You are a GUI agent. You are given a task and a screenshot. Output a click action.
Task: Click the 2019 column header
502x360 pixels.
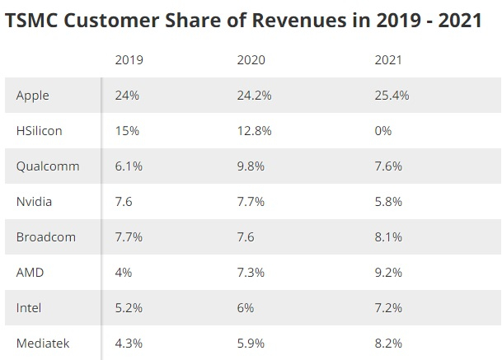tap(129, 59)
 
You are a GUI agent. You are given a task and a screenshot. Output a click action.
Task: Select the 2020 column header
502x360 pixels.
tap(251, 59)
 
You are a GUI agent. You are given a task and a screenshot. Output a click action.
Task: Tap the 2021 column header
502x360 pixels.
tap(387, 59)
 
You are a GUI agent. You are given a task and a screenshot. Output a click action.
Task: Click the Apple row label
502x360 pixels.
tap(33, 96)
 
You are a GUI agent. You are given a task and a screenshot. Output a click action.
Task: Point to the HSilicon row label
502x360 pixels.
tap(39, 131)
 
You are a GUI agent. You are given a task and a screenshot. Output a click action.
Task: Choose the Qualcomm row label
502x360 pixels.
tap(48, 166)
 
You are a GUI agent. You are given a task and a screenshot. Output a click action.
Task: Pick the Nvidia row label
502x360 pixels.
tap(35, 202)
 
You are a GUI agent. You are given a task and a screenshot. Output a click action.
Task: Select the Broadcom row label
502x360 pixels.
tap(46, 237)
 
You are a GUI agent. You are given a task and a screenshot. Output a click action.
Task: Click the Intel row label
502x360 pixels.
tap(29, 307)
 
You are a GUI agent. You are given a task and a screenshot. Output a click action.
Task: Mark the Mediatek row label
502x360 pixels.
tap(41, 343)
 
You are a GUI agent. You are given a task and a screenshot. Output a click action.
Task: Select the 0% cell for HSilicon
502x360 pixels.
tap(382, 131)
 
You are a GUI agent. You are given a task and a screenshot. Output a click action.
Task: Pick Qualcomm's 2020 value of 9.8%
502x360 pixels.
tap(251, 166)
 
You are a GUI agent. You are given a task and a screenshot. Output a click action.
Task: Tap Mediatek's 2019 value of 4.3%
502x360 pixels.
tap(129, 343)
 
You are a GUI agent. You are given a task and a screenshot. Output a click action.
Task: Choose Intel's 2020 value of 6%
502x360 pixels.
tap(246, 307)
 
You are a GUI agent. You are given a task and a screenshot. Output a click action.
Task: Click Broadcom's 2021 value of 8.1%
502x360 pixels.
tap(387, 237)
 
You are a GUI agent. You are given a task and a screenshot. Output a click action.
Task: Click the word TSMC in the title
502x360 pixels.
tap(32, 20)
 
